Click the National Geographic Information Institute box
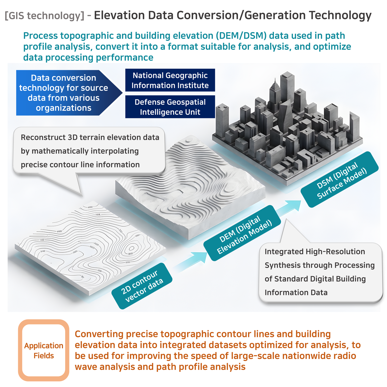coord(170,80)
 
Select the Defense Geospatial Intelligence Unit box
coord(170,107)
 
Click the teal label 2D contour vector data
coord(142,286)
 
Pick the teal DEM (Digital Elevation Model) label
coord(242,233)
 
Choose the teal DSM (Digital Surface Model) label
coord(340,179)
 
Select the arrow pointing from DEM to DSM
coord(289,208)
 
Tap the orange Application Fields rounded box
coord(44,350)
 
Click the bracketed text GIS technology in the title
coord(45,16)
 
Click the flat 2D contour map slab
coord(91,248)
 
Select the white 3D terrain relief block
coord(190,188)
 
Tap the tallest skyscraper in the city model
coord(287,88)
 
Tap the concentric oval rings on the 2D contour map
coord(132,249)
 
